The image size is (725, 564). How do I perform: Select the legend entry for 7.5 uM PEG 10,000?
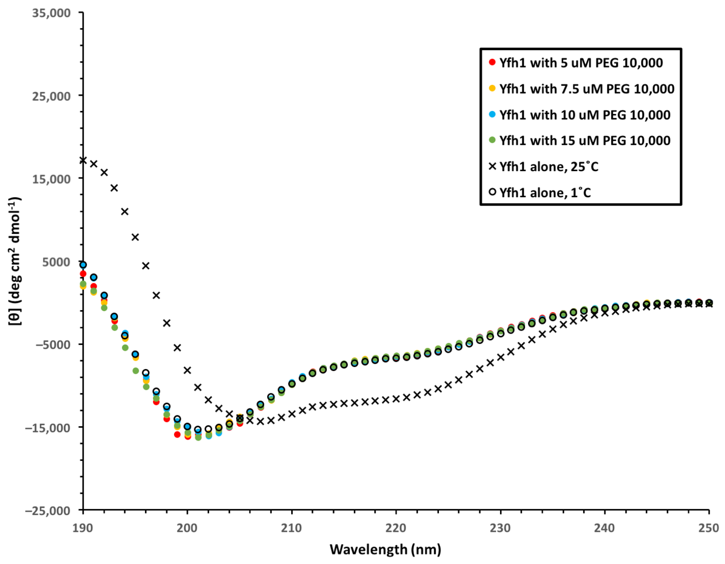(x=587, y=89)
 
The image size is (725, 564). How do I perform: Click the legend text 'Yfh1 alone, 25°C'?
(x=549, y=167)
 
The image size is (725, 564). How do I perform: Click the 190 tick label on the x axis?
(x=83, y=528)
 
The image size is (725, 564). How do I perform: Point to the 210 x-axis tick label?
(x=292, y=528)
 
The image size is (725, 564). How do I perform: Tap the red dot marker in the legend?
(x=492, y=62)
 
